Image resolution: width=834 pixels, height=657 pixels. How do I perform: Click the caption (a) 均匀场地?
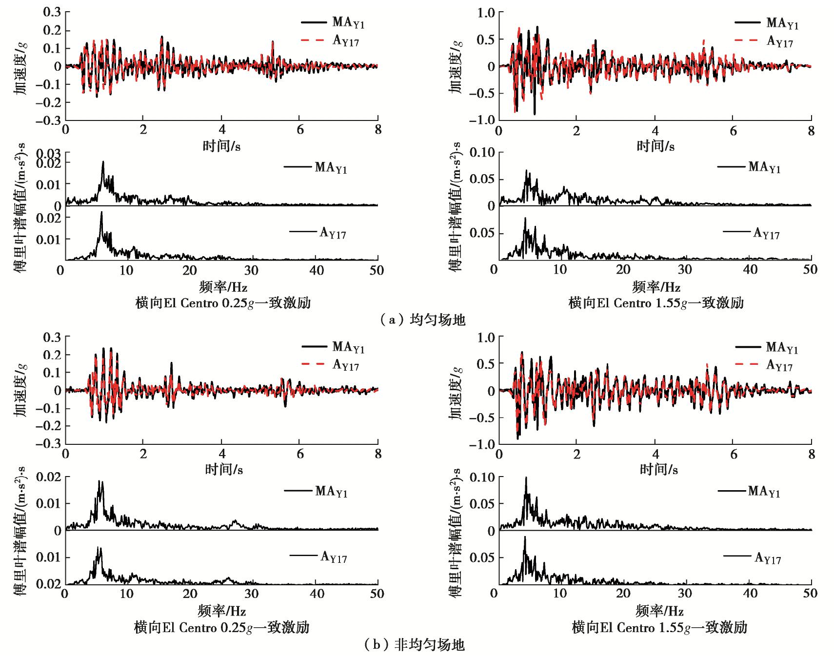[x=422, y=320]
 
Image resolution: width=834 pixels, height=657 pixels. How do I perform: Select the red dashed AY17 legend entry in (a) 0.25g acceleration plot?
[x=330, y=41]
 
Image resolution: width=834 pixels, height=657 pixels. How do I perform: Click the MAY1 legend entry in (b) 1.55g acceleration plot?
[x=766, y=347]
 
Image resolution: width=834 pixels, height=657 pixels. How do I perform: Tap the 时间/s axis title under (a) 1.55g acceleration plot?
[x=655, y=146]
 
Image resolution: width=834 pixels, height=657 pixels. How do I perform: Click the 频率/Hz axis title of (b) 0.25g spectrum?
[x=222, y=611]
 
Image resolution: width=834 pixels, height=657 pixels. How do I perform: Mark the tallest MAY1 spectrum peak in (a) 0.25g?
[x=103, y=162]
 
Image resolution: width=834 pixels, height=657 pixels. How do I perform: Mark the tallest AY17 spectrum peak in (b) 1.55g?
[x=525, y=538]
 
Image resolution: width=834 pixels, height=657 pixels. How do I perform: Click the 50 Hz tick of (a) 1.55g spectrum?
[x=810, y=270]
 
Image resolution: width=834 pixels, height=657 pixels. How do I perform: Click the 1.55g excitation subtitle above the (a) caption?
[x=655, y=303]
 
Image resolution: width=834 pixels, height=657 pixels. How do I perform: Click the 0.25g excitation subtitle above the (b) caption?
[x=222, y=627]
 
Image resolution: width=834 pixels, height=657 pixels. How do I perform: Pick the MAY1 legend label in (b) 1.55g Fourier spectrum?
[x=764, y=492]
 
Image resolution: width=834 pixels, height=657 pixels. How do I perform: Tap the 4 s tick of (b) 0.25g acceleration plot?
[x=222, y=454]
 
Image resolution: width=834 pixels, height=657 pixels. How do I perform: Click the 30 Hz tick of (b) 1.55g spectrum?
[x=686, y=594]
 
